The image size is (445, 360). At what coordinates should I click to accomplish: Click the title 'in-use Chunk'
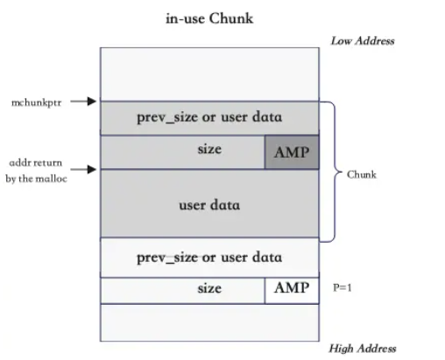[209, 18]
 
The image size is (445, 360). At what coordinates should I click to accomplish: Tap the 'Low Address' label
[362, 40]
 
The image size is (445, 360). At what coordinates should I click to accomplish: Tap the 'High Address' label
[362, 348]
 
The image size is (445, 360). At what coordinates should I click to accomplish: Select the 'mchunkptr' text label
[35, 102]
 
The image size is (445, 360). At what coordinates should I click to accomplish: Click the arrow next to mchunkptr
[82, 102]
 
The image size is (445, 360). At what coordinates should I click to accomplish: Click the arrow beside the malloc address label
[82, 168]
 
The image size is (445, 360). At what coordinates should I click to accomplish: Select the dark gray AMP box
[292, 152]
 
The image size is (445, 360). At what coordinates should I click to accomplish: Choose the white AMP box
[292, 289]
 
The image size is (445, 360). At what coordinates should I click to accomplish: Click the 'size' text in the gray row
[208, 150]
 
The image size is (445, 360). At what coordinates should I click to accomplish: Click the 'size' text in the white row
[208, 287]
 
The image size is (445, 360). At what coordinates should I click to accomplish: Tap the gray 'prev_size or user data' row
[209, 118]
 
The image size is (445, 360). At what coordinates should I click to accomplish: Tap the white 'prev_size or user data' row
[209, 258]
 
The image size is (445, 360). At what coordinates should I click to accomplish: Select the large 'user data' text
[209, 205]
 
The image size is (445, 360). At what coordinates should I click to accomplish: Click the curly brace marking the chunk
[332, 172]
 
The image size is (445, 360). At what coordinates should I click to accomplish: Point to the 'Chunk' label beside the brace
[361, 174]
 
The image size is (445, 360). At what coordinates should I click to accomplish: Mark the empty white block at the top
[209, 74]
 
